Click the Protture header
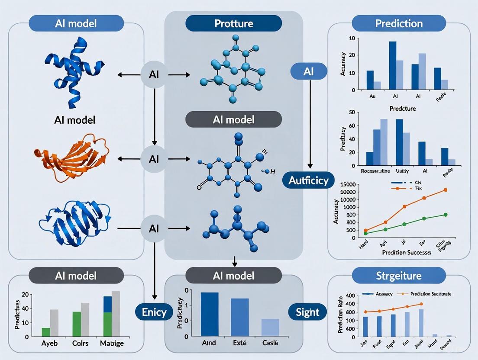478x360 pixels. point(233,23)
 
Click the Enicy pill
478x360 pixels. point(154,312)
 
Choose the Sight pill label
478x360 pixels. point(307,312)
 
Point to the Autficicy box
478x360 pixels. point(309,180)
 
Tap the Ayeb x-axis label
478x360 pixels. point(46,344)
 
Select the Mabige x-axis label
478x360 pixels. point(111,344)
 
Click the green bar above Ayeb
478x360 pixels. point(46,332)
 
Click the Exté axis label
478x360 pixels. point(233,343)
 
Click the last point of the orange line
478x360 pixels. point(445,190)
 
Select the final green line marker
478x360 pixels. point(445,215)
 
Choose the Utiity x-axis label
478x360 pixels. point(402,171)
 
